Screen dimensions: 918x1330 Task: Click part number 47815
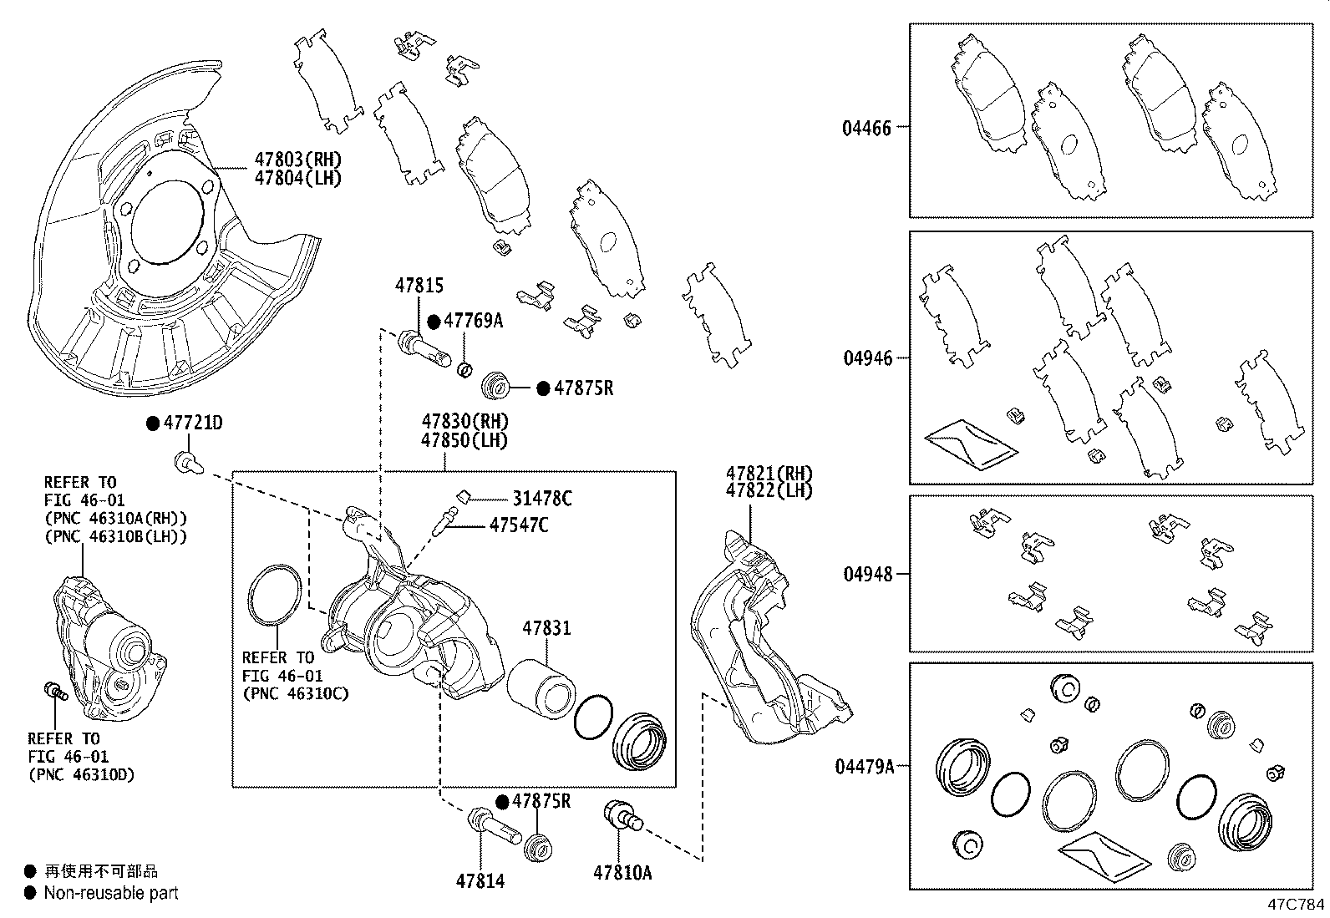click(x=419, y=286)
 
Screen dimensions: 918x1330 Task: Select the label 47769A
click(x=473, y=321)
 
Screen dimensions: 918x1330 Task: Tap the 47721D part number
click(x=193, y=423)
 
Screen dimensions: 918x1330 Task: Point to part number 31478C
click(x=542, y=499)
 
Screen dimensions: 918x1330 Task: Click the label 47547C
click(x=519, y=525)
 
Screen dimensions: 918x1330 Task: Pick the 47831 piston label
click(x=546, y=627)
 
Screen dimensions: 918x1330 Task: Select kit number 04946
click(x=868, y=358)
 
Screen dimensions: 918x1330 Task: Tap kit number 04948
click(x=868, y=575)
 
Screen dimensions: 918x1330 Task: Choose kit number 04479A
click(x=865, y=765)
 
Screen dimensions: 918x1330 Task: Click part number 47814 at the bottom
click(x=480, y=880)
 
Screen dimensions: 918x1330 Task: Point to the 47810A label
click(x=622, y=873)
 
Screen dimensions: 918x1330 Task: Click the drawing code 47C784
click(x=1295, y=905)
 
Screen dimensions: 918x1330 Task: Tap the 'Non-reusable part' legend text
click(x=111, y=893)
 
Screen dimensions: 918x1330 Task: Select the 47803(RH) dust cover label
click(x=298, y=160)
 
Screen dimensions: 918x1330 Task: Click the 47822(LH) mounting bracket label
click(x=769, y=491)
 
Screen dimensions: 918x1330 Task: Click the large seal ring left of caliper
click(x=274, y=595)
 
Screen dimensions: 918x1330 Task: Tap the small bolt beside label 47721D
click(x=185, y=461)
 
